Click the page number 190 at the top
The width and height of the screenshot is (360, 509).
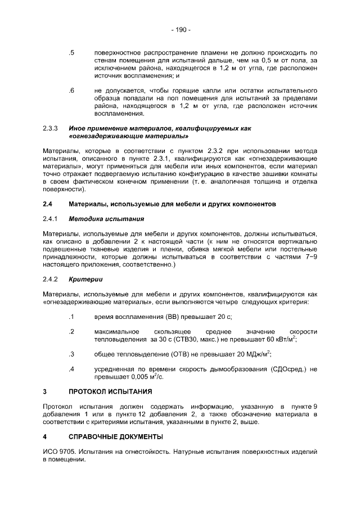(180, 29)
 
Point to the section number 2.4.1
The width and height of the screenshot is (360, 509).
(51, 218)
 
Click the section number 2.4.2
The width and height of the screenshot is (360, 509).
(51, 279)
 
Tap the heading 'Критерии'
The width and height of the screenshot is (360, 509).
(85, 279)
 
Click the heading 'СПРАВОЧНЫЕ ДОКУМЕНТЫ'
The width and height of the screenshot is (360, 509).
(116, 436)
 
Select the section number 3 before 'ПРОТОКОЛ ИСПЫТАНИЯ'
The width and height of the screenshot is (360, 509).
(45, 390)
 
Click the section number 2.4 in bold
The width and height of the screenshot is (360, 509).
(48, 204)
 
